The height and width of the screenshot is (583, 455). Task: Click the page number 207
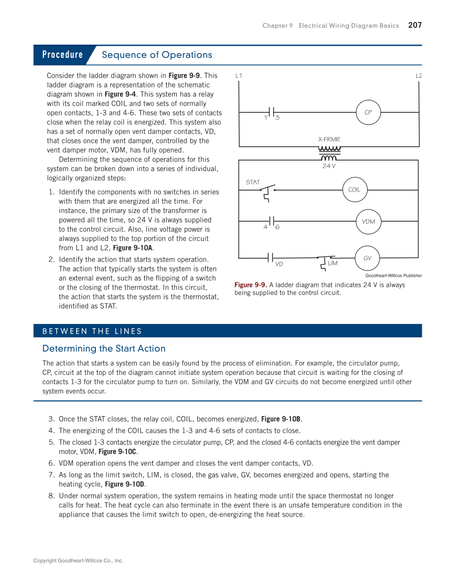(x=414, y=25)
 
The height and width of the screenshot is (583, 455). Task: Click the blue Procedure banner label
(x=63, y=55)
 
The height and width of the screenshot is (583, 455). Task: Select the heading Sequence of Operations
(x=156, y=55)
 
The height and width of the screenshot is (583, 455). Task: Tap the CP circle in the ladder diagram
(x=368, y=113)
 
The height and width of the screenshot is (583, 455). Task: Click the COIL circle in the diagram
(x=354, y=190)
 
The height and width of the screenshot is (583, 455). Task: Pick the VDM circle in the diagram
(x=368, y=222)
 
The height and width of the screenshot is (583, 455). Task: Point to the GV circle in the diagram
(x=367, y=259)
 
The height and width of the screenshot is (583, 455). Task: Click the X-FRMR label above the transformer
(x=329, y=139)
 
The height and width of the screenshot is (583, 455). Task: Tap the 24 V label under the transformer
(x=329, y=166)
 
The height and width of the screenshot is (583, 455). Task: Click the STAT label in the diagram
(x=252, y=182)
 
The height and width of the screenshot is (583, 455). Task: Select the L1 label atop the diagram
(x=239, y=76)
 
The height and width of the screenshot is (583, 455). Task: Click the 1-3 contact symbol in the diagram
(x=272, y=113)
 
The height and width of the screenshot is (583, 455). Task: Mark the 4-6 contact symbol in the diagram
(x=272, y=222)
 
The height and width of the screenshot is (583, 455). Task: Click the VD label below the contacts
(x=279, y=264)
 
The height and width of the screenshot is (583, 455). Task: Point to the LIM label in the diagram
(x=332, y=263)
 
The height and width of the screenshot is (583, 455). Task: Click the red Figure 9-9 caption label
(x=250, y=285)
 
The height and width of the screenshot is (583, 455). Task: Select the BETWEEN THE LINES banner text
(x=92, y=331)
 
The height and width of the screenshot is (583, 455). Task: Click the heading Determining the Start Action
(x=104, y=349)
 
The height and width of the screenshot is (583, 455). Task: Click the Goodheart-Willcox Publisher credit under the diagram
(x=393, y=276)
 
